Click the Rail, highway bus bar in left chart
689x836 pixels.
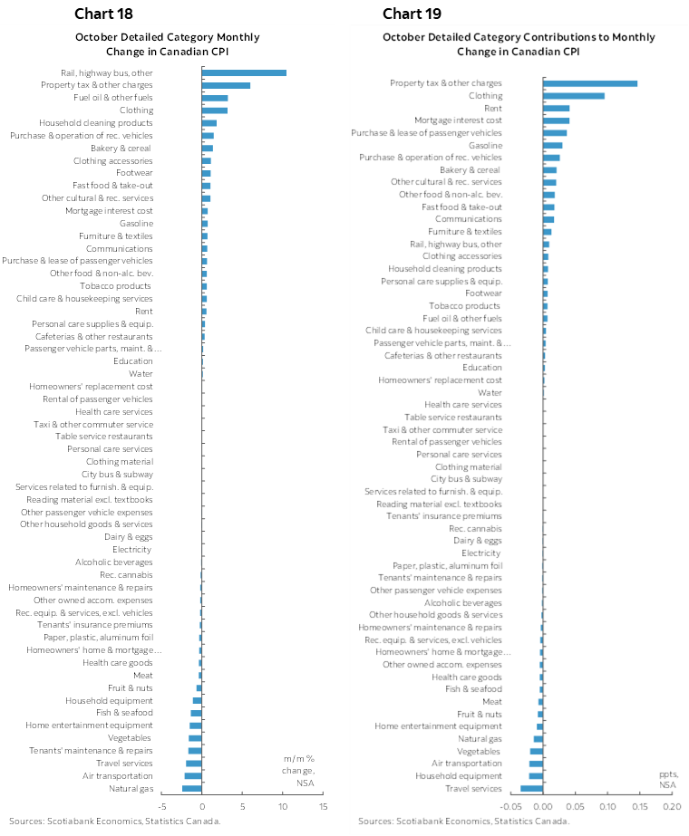244,72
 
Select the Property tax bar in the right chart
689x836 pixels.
589,83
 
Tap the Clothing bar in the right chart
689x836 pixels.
573,95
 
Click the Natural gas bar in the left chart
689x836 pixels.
192,788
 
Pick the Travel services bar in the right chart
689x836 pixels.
531,788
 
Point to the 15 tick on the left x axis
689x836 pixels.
323,806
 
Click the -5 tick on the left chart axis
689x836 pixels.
163,806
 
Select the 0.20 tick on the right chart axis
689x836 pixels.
671,806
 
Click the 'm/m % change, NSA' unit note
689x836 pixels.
297,769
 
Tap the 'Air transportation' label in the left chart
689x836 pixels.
118,775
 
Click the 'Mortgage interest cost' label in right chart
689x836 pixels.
458,120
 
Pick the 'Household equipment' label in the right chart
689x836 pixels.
459,776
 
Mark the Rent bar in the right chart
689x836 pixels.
556,108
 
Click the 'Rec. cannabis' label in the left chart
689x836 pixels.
126,574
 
